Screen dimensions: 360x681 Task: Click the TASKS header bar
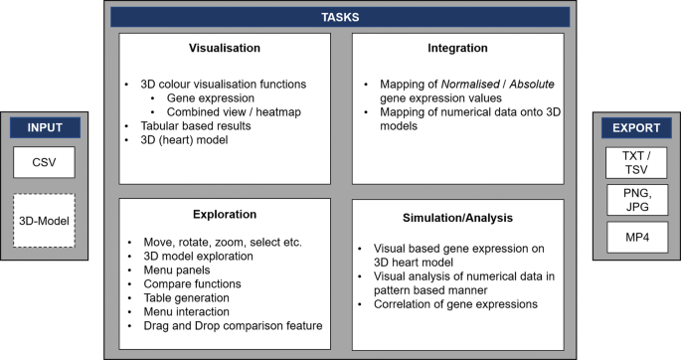click(340, 17)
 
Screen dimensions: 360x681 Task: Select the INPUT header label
click(46, 128)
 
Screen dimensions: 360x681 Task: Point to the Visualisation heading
click(225, 47)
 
